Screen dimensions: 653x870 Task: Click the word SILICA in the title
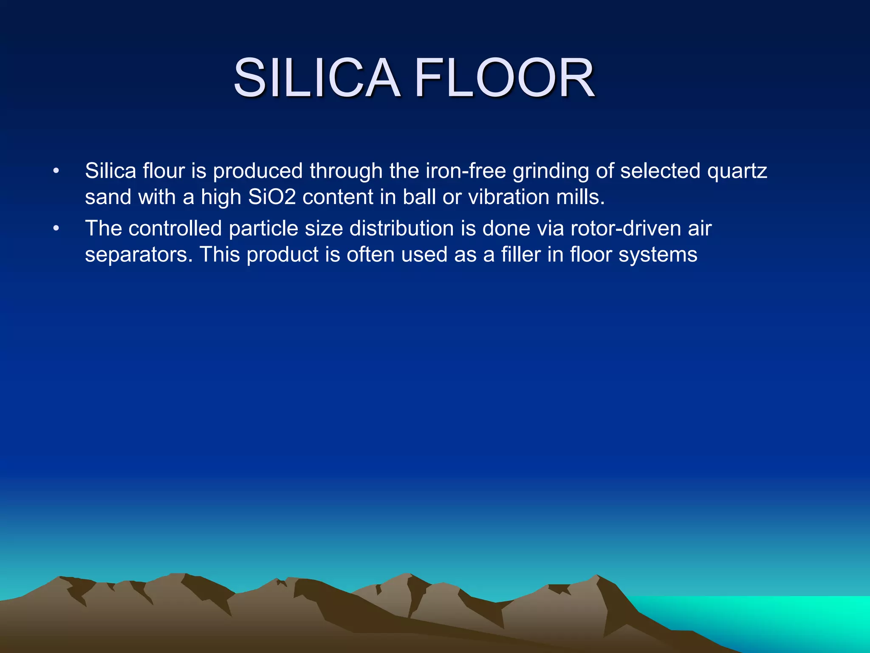(316, 78)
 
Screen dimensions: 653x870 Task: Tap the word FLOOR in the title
(504, 78)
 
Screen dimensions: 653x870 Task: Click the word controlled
(175, 228)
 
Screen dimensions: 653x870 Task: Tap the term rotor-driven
(626, 228)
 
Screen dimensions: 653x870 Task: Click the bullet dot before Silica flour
(56, 171)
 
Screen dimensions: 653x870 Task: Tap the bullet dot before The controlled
(56, 229)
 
